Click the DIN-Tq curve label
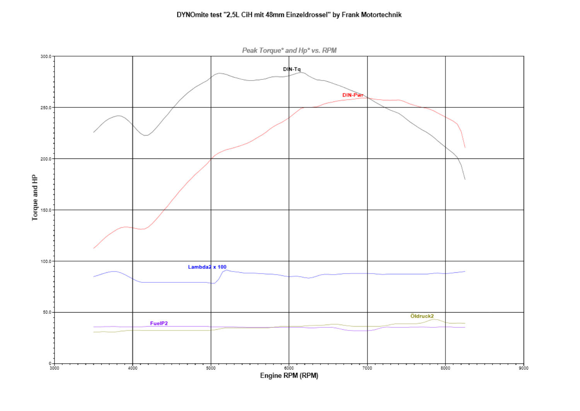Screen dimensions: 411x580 [292, 69]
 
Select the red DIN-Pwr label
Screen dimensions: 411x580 [353, 95]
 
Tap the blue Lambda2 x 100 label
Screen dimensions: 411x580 [207, 267]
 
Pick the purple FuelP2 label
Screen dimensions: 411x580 [159, 323]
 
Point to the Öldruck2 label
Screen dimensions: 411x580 [422, 316]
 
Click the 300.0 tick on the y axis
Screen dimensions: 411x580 [46, 57]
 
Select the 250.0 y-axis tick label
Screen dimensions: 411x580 [46, 108]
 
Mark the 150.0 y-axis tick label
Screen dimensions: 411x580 [46, 210]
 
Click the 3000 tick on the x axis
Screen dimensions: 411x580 [55, 368]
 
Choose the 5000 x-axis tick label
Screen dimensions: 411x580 [211, 368]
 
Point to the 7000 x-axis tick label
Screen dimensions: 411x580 [367, 368]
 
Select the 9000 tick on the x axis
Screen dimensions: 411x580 [524, 368]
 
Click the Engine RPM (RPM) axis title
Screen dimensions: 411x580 [289, 376]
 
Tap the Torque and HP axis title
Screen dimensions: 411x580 [35, 198]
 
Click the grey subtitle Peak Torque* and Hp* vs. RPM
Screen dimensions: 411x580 [289, 50]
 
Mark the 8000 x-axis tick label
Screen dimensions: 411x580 [445, 368]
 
